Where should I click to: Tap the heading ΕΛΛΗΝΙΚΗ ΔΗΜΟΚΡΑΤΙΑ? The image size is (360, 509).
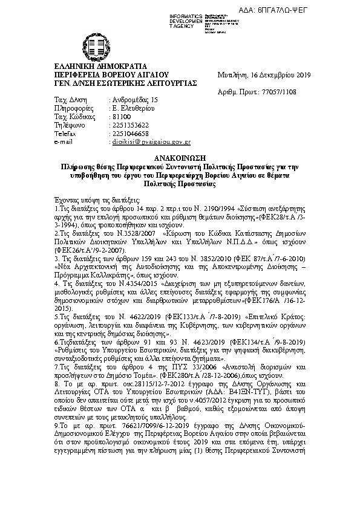click(x=92, y=65)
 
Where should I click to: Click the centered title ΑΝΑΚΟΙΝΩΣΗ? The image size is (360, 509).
click(x=180, y=155)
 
